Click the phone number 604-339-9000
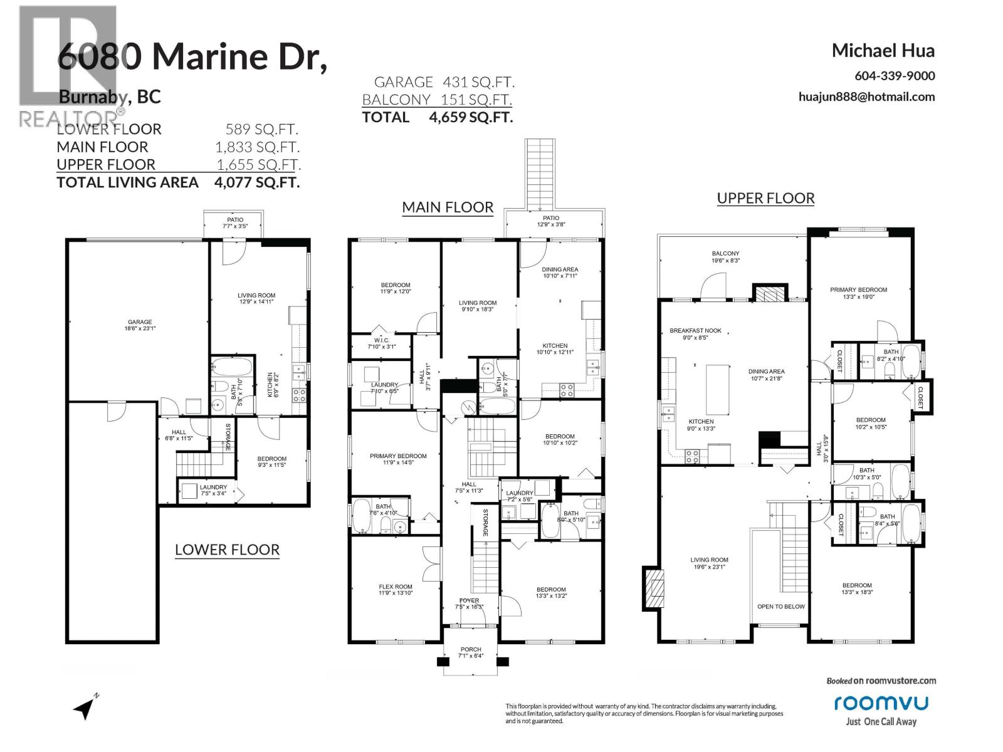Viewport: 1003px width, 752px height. [x=895, y=76]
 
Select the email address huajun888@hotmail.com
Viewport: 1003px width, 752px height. [x=866, y=97]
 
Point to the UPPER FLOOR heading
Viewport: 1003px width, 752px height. [x=765, y=198]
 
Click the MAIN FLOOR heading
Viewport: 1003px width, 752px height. [x=448, y=207]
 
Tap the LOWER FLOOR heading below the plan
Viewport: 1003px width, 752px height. [x=227, y=550]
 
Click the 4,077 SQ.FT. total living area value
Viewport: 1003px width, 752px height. [x=256, y=182]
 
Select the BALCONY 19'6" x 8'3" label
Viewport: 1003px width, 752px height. [x=725, y=257]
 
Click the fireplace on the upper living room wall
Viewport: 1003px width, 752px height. [x=653, y=588]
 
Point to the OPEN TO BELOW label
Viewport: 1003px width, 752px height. [x=780, y=606]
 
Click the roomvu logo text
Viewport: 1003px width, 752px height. [x=880, y=703]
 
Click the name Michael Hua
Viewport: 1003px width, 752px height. [x=883, y=51]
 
